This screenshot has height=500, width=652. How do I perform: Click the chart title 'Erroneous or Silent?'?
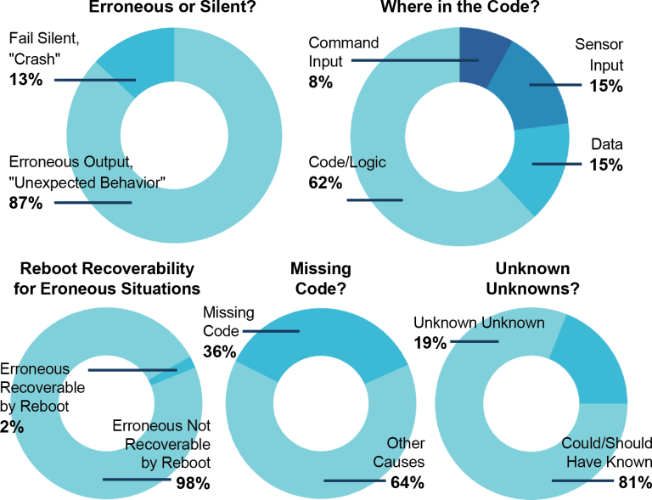174,8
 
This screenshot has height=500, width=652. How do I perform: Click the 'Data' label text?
608,146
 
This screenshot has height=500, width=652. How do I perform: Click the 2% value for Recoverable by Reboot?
13,427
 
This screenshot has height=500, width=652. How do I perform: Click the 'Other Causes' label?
398,453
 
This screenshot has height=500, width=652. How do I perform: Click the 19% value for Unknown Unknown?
430,343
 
